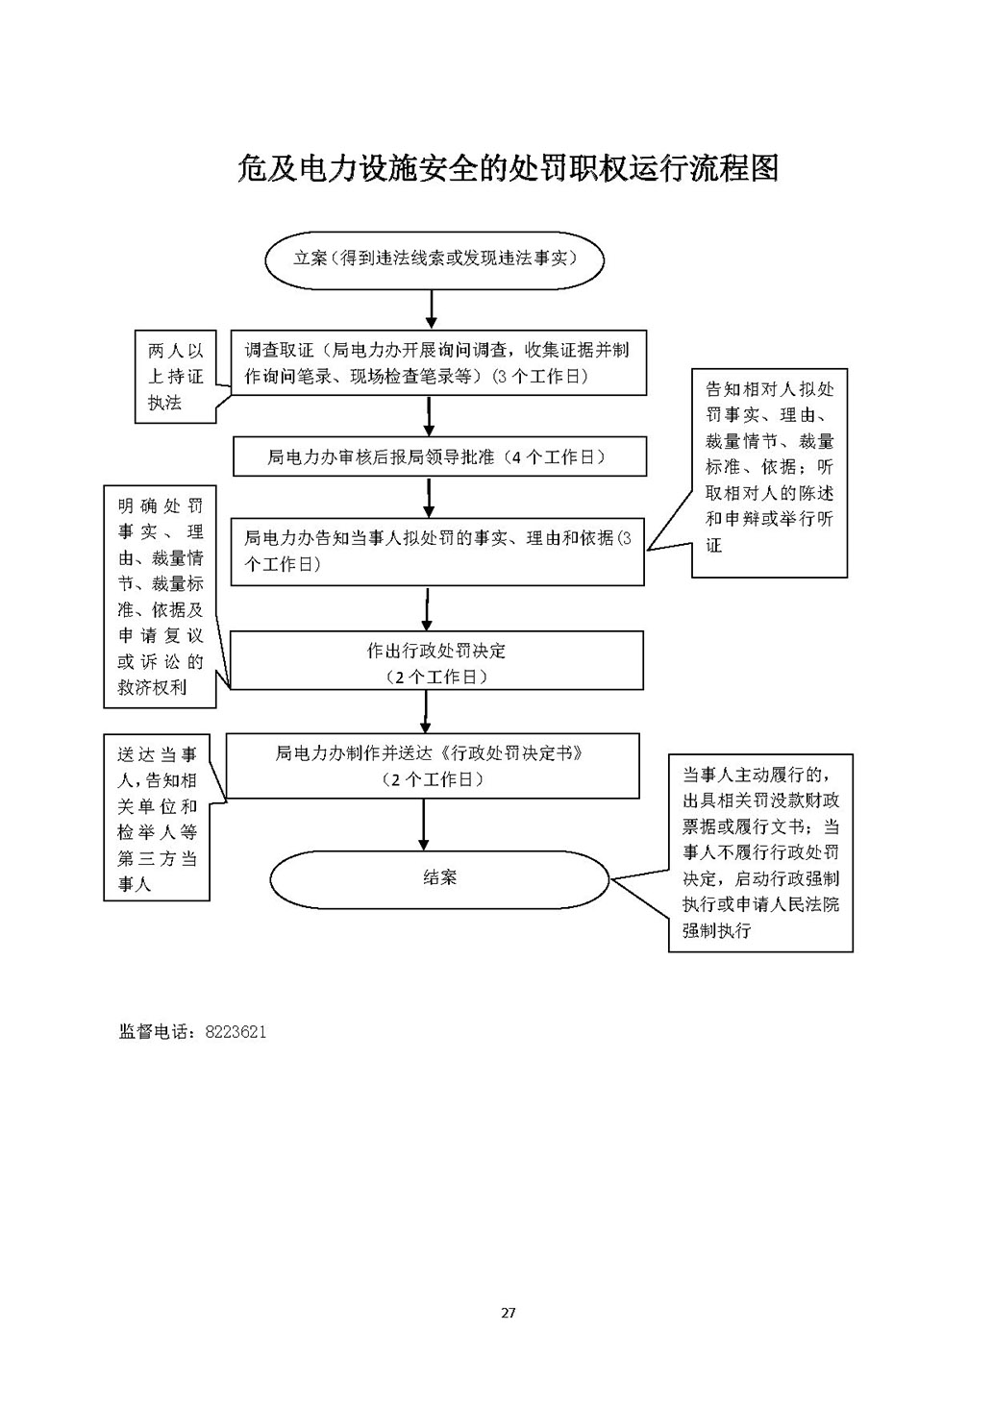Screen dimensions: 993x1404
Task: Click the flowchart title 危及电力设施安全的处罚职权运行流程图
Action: click(x=508, y=168)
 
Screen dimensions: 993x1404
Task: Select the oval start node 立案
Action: click(x=434, y=259)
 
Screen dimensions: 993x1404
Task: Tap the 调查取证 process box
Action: click(x=438, y=363)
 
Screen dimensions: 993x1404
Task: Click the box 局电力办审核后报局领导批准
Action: click(x=439, y=456)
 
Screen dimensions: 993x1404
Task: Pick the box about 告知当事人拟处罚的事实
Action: click(x=437, y=552)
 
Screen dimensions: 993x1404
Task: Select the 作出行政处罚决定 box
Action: click(x=436, y=660)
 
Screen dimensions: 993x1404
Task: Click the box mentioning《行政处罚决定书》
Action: click(x=433, y=766)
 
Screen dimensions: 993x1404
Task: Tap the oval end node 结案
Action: click(x=439, y=878)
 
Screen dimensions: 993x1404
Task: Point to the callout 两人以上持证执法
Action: click(x=176, y=377)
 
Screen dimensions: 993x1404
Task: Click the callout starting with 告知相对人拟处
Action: click(x=769, y=473)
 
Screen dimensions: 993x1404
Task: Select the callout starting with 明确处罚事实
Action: click(x=160, y=597)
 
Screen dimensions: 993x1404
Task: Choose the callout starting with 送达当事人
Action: click(x=157, y=818)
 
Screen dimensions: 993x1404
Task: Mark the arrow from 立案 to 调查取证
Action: click(x=432, y=309)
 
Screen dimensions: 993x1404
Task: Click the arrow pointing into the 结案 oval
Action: click(x=424, y=825)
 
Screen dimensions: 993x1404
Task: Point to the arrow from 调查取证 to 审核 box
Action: click(x=429, y=416)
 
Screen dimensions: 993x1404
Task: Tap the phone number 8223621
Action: click(x=236, y=1032)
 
